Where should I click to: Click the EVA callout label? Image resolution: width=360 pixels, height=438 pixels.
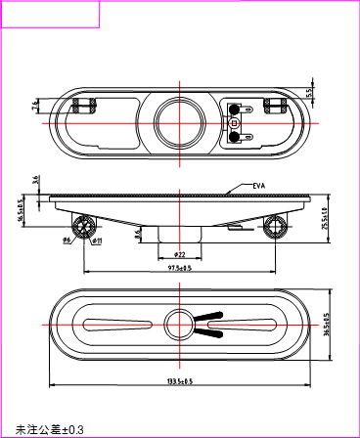(259, 185)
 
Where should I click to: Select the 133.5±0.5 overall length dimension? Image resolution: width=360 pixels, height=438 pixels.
(178, 380)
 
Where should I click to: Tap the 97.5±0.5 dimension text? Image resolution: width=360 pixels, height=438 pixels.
(179, 268)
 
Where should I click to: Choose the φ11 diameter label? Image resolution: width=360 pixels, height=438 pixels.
(98, 240)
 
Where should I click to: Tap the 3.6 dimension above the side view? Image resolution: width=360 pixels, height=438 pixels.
(35, 180)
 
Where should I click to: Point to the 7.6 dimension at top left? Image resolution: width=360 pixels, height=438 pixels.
(36, 103)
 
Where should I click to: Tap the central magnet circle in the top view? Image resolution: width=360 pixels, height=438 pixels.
(179, 124)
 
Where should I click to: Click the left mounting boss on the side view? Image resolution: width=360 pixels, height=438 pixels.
(85, 227)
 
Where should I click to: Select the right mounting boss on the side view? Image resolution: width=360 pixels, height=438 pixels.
(275, 227)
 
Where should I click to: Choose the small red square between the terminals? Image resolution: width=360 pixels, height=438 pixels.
(235, 124)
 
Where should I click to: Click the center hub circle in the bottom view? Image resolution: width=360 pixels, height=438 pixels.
(179, 325)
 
